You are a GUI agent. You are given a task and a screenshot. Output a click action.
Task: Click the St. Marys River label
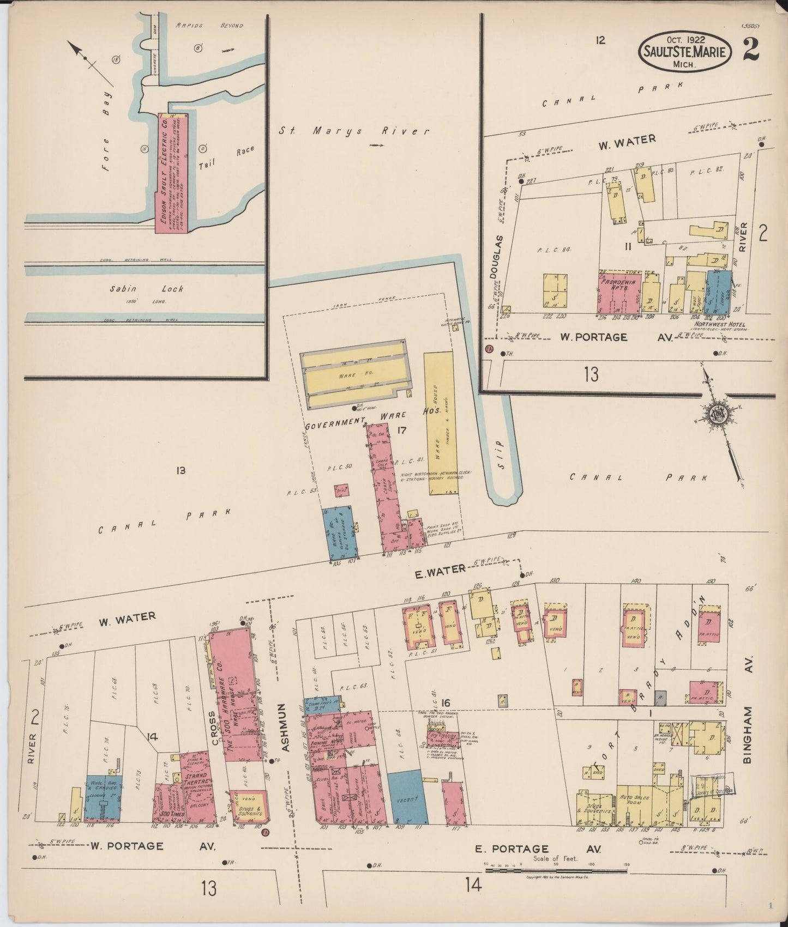[354, 131]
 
